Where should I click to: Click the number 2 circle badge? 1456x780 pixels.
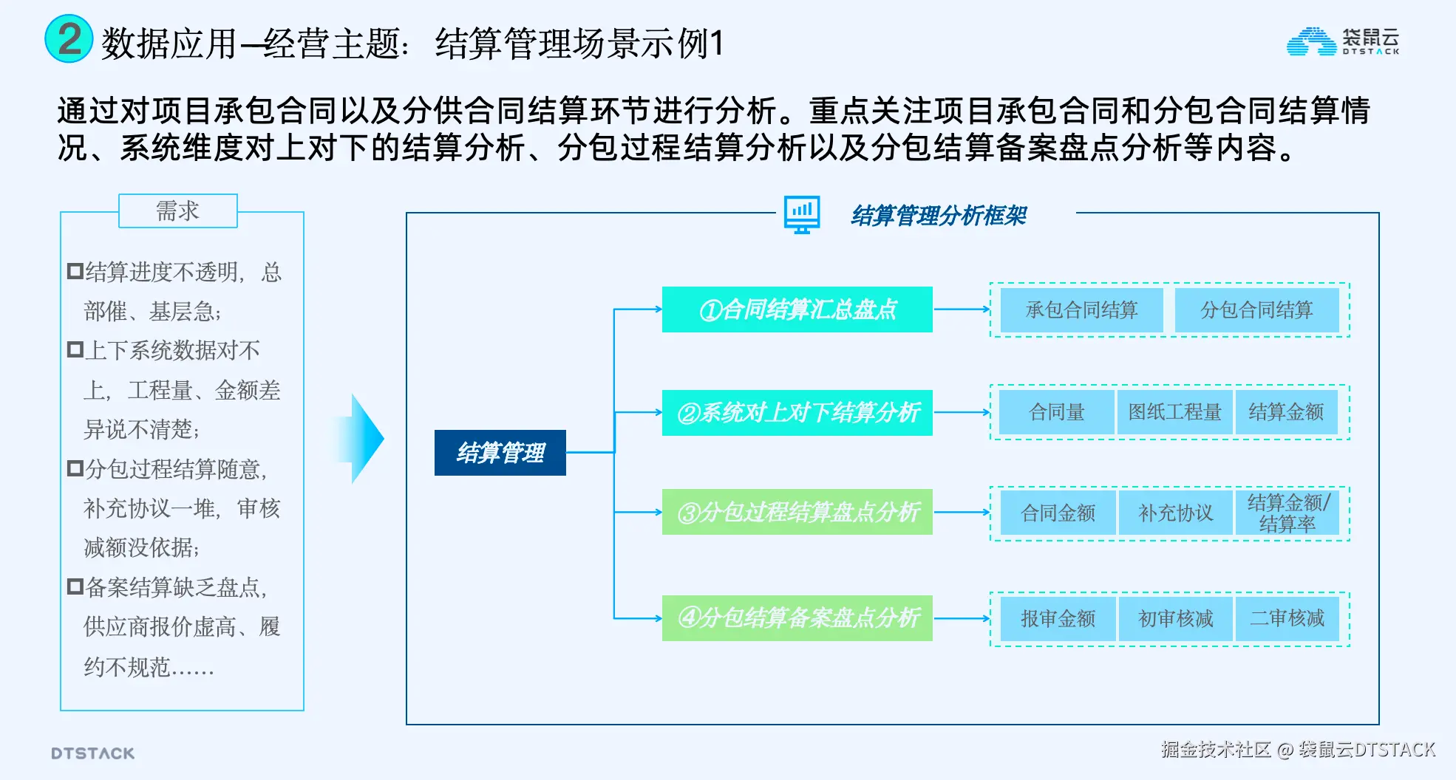pyautogui.click(x=69, y=39)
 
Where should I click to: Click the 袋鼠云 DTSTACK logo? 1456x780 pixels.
pyautogui.click(x=1342, y=41)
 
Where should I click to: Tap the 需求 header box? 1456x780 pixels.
pyautogui.click(x=177, y=211)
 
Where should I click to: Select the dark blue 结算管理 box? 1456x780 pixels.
pyautogui.click(x=500, y=452)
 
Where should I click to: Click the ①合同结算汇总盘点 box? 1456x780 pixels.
pyautogui.click(x=797, y=309)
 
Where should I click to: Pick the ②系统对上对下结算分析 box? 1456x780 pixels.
pyautogui.click(x=797, y=412)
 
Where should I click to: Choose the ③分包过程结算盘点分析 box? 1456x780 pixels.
pyautogui.click(x=797, y=512)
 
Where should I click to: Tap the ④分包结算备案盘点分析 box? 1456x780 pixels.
pyautogui.click(x=797, y=617)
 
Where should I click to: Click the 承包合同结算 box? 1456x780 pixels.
pyautogui.click(x=1081, y=310)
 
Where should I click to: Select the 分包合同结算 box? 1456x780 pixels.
pyautogui.click(x=1256, y=310)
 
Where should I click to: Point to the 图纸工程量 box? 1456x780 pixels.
pyautogui.click(x=1174, y=412)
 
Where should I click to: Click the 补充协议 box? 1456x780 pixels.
pyautogui.click(x=1175, y=513)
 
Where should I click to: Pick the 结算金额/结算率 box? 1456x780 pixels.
pyautogui.click(x=1287, y=513)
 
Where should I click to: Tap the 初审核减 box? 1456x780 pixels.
pyautogui.click(x=1175, y=618)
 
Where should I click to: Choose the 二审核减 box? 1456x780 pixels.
pyautogui.click(x=1287, y=618)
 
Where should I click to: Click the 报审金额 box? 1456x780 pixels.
pyautogui.click(x=1058, y=618)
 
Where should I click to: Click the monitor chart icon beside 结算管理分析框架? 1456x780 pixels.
pyautogui.click(x=802, y=215)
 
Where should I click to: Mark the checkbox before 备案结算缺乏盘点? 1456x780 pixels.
pyautogui.click(x=75, y=587)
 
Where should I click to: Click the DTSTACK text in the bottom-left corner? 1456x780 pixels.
pyautogui.click(x=93, y=753)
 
